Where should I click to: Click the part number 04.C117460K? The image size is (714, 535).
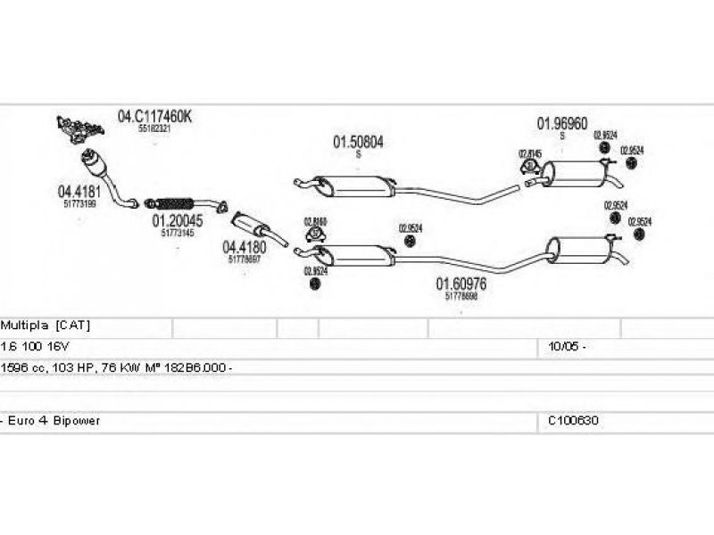(x=154, y=116)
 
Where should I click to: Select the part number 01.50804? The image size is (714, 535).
(x=359, y=142)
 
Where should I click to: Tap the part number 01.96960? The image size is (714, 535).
(x=561, y=124)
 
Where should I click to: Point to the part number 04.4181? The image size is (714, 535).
(x=79, y=191)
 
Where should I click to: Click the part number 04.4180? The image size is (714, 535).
(x=244, y=247)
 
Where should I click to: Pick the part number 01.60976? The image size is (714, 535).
(x=461, y=284)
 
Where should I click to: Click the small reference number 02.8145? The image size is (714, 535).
(x=530, y=153)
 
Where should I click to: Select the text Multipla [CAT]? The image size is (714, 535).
(x=46, y=325)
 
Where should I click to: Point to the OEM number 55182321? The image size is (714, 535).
(x=154, y=128)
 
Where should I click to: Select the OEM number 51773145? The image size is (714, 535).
(x=178, y=233)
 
